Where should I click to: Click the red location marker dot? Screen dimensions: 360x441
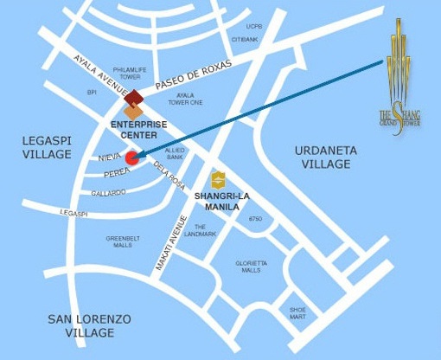coord(131,157)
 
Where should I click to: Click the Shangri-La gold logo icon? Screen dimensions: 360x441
coord(218,179)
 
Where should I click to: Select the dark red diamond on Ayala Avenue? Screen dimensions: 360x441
coord(135,97)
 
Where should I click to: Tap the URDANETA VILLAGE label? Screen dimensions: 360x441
coord(325,157)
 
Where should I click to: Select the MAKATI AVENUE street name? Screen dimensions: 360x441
coord(170,243)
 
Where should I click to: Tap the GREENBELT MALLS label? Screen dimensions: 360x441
coord(119,241)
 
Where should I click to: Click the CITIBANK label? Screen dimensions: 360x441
coord(246,39)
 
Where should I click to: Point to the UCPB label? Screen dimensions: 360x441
coord(253,26)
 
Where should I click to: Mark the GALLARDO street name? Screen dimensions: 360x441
coord(108,193)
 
